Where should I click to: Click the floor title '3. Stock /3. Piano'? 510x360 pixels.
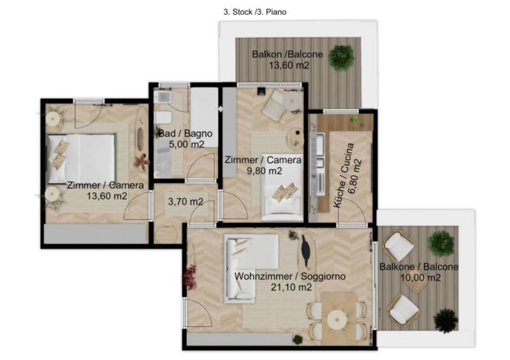(x=254, y=12)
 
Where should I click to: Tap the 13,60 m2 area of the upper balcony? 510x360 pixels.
(x=289, y=66)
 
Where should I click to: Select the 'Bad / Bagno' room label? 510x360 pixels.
(x=185, y=133)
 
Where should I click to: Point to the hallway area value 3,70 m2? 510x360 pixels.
(x=186, y=201)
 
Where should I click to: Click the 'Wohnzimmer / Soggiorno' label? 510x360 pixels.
(x=290, y=277)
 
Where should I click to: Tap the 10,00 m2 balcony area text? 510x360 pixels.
(x=420, y=278)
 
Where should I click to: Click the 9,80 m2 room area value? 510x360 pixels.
(x=264, y=171)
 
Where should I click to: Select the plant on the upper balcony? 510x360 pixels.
(x=341, y=57)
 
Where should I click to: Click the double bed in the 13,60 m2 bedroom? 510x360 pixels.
(x=82, y=159)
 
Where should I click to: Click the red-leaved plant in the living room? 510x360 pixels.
(x=190, y=277)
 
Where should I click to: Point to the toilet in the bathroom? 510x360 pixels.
(x=163, y=117)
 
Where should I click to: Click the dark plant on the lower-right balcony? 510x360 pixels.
(x=446, y=320)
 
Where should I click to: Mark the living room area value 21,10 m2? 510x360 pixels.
(x=291, y=287)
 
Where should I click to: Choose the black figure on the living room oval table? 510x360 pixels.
(x=305, y=251)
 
